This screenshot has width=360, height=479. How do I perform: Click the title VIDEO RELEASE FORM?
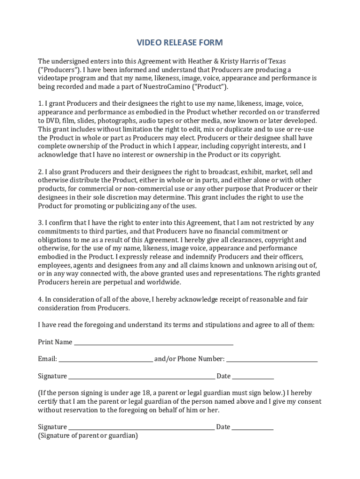click(x=180, y=43)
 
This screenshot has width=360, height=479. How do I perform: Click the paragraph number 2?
click(x=40, y=172)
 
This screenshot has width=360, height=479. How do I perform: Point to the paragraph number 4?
click(x=40, y=299)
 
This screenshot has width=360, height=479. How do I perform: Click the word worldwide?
click(x=165, y=282)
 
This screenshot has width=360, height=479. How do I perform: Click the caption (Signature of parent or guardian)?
click(x=88, y=435)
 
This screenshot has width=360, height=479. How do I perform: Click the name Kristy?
click(x=237, y=61)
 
